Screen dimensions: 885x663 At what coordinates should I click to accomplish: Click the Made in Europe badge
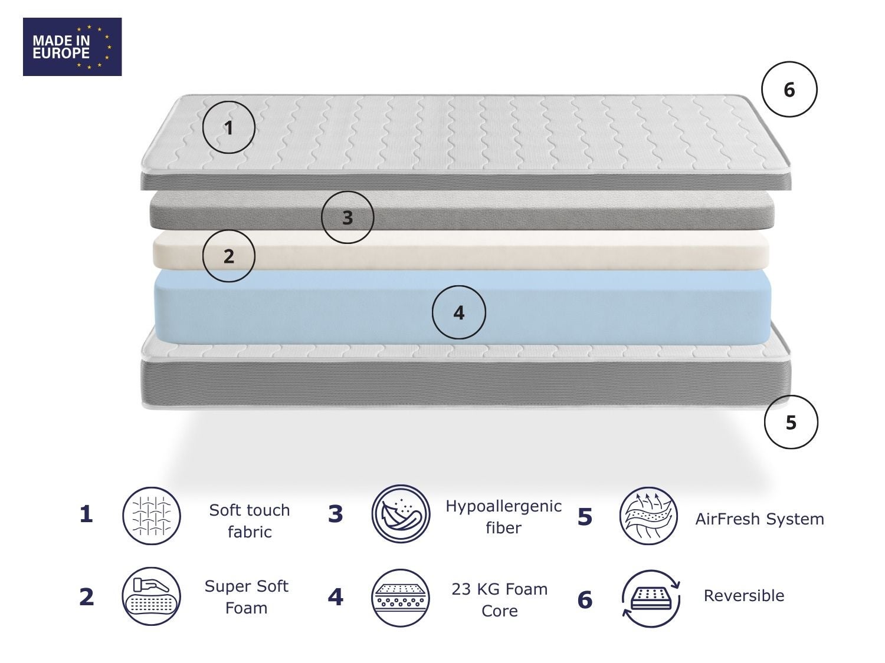pos(72,47)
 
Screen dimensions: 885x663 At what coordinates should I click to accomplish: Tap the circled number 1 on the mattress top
pos(228,127)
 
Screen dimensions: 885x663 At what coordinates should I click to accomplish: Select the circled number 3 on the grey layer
pos(348,217)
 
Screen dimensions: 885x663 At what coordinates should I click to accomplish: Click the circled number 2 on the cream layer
pos(228,256)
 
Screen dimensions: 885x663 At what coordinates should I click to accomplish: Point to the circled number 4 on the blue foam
pos(459,312)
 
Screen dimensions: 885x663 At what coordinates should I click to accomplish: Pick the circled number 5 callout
pos(791,423)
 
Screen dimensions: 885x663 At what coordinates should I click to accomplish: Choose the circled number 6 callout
pos(789,90)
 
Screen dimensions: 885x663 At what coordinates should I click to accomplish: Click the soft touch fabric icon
pos(152,516)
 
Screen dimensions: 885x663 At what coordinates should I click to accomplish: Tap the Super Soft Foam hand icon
pos(152,596)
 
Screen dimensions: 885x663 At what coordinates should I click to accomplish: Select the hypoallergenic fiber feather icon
pos(401,514)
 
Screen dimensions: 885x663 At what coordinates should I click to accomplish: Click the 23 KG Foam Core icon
pos(401,598)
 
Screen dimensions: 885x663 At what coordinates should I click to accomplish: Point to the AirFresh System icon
pos(649,516)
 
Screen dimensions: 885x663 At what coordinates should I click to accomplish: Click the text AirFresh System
pos(759,519)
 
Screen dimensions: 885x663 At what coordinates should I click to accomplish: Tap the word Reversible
pos(744,596)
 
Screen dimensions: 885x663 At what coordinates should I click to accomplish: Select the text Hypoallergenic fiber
pos(504,517)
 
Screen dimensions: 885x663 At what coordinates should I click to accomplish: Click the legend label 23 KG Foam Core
pos(500,600)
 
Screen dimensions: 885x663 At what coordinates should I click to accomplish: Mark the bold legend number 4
pos(336,597)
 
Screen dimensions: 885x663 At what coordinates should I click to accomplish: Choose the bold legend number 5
pos(585,517)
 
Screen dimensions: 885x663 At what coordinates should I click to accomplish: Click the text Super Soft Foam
pos(247,597)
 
